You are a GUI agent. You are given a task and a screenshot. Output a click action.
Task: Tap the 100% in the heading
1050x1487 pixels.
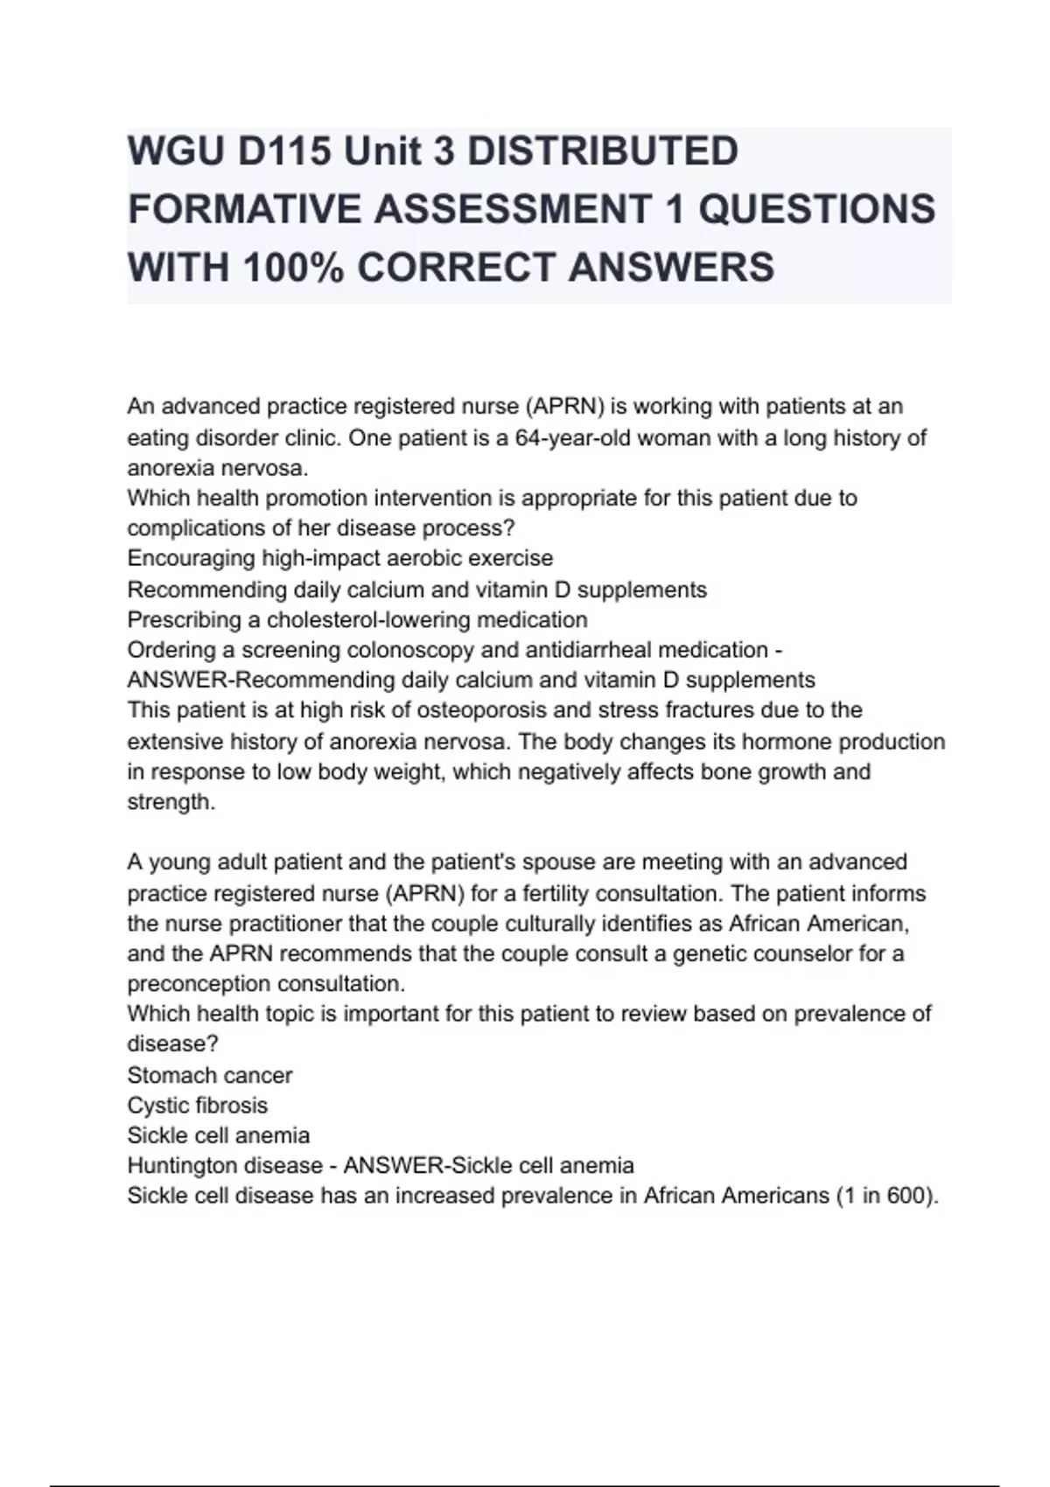(x=294, y=267)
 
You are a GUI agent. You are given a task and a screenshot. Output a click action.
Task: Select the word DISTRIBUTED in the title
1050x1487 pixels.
(x=603, y=151)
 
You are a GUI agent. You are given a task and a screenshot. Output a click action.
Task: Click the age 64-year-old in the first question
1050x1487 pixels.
(x=572, y=437)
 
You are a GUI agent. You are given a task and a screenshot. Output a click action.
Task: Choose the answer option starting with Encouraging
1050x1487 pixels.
(x=339, y=558)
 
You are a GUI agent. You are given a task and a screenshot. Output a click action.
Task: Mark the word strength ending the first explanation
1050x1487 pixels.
(x=170, y=802)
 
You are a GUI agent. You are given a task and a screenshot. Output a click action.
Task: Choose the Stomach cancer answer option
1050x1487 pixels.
(x=209, y=1075)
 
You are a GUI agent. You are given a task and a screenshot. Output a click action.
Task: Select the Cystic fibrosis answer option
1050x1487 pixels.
(x=197, y=1106)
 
